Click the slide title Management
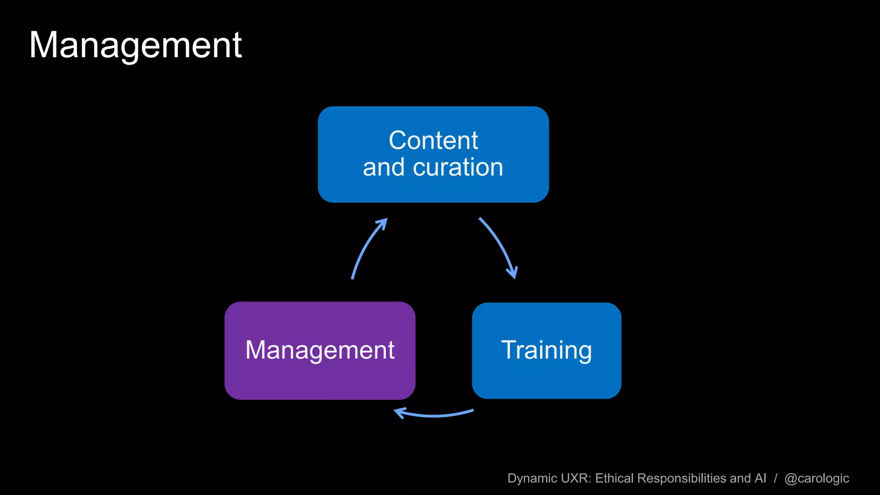pyautogui.click(x=135, y=46)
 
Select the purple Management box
pyautogui.click(x=320, y=351)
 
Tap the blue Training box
pyautogui.click(x=547, y=351)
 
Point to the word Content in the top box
pyautogui.click(x=433, y=140)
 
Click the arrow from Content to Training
pyautogui.click(x=498, y=245)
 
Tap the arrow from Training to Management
pyautogui.click(x=434, y=415)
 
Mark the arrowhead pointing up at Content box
pyautogui.click(x=382, y=223)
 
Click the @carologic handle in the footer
pyautogui.click(x=816, y=478)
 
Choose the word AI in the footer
pyautogui.click(x=760, y=478)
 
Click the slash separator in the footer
pyautogui.click(x=776, y=478)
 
